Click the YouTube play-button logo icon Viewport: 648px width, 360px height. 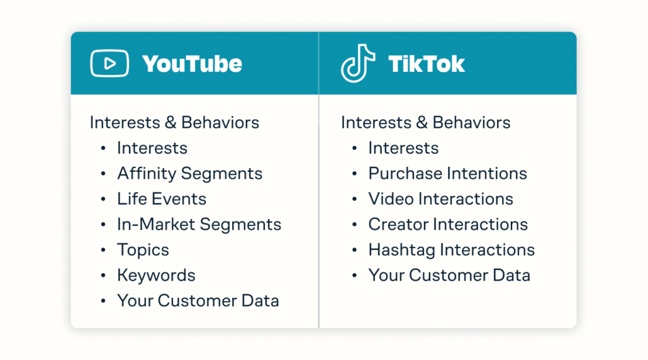click(x=109, y=63)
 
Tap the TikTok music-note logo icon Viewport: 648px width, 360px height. click(x=357, y=63)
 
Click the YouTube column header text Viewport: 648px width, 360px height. click(x=192, y=64)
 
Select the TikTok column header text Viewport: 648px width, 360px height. click(x=427, y=64)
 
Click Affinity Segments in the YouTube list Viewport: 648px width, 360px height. click(x=189, y=174)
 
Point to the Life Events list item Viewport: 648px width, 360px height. click(x=162, y=199)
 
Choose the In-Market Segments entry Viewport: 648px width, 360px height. click(x=199, y=224)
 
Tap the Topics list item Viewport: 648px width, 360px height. click(x=143, y=250)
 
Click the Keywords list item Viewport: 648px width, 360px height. click(x=156, y=275)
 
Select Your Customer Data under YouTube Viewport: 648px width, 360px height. click(x=198, y=300)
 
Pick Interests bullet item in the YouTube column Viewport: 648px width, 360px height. click(x=152, y=148)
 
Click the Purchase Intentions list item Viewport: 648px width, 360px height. click(x=447, y=174)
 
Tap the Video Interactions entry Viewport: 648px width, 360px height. click(x=440, y=199)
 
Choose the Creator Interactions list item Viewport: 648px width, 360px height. click(x=448, y=224)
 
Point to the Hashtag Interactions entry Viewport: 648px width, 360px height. click(x=451, y=250)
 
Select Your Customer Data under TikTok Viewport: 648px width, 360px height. click(x=449, y=275)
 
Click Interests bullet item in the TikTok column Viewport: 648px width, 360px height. click(x=403, y=148)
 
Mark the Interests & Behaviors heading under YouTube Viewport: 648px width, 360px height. click(x=174, y=122)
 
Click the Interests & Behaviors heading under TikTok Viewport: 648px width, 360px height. click(x=425, y=122)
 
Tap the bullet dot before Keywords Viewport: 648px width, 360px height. click(x=103, y=276)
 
